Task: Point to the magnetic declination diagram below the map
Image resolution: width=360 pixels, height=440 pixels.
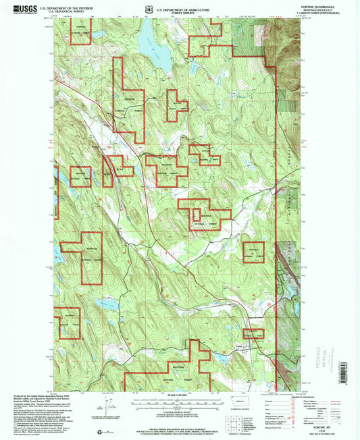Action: pos(107,407)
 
